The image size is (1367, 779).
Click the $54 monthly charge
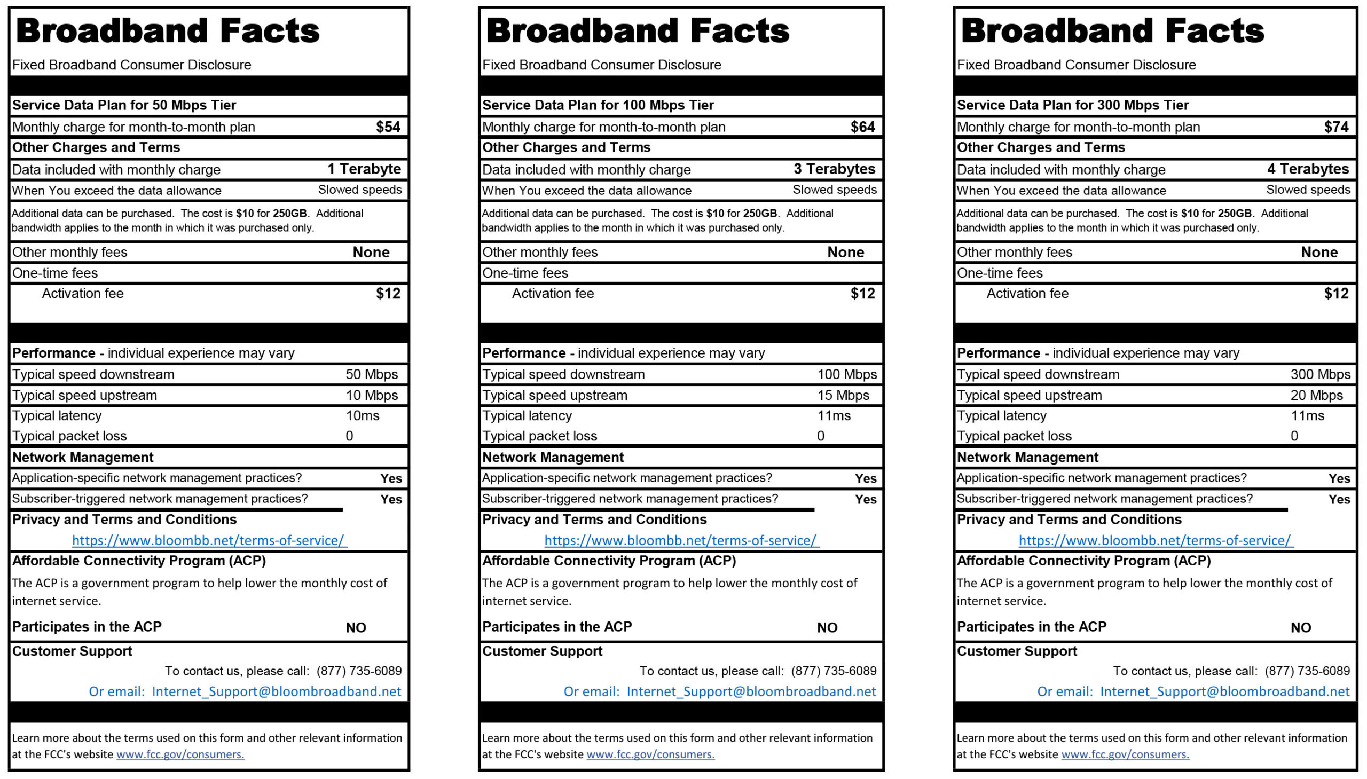pos(388,127)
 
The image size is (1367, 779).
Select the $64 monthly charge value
pos(862,127)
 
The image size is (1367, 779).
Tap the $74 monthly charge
pos(1336,127)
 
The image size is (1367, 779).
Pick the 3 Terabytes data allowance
pos(834,169)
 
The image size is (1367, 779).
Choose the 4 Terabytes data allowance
pos(1308,169)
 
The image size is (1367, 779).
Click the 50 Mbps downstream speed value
pos(371,374)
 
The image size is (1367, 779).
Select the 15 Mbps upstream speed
pos(843,396)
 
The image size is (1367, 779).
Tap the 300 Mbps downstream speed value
pos(1320,374)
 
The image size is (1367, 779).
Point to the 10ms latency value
pos(362,416)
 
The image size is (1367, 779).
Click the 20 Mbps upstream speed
pos(1316,396)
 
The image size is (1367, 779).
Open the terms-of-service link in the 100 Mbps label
pos(681,540)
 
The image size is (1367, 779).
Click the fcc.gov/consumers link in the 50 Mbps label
pos(180,754)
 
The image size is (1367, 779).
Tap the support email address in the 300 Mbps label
pos(1224,692)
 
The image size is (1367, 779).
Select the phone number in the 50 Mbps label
pos(359,671)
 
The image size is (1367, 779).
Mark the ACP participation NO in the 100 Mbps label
pos(827,627)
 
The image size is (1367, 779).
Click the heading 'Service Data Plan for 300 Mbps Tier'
pos(1072,105)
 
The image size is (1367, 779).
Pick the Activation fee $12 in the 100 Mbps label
pos(862,293)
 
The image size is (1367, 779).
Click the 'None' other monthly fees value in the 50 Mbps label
pos(371,252)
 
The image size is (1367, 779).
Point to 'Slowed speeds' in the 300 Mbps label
pos(1308,190)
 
